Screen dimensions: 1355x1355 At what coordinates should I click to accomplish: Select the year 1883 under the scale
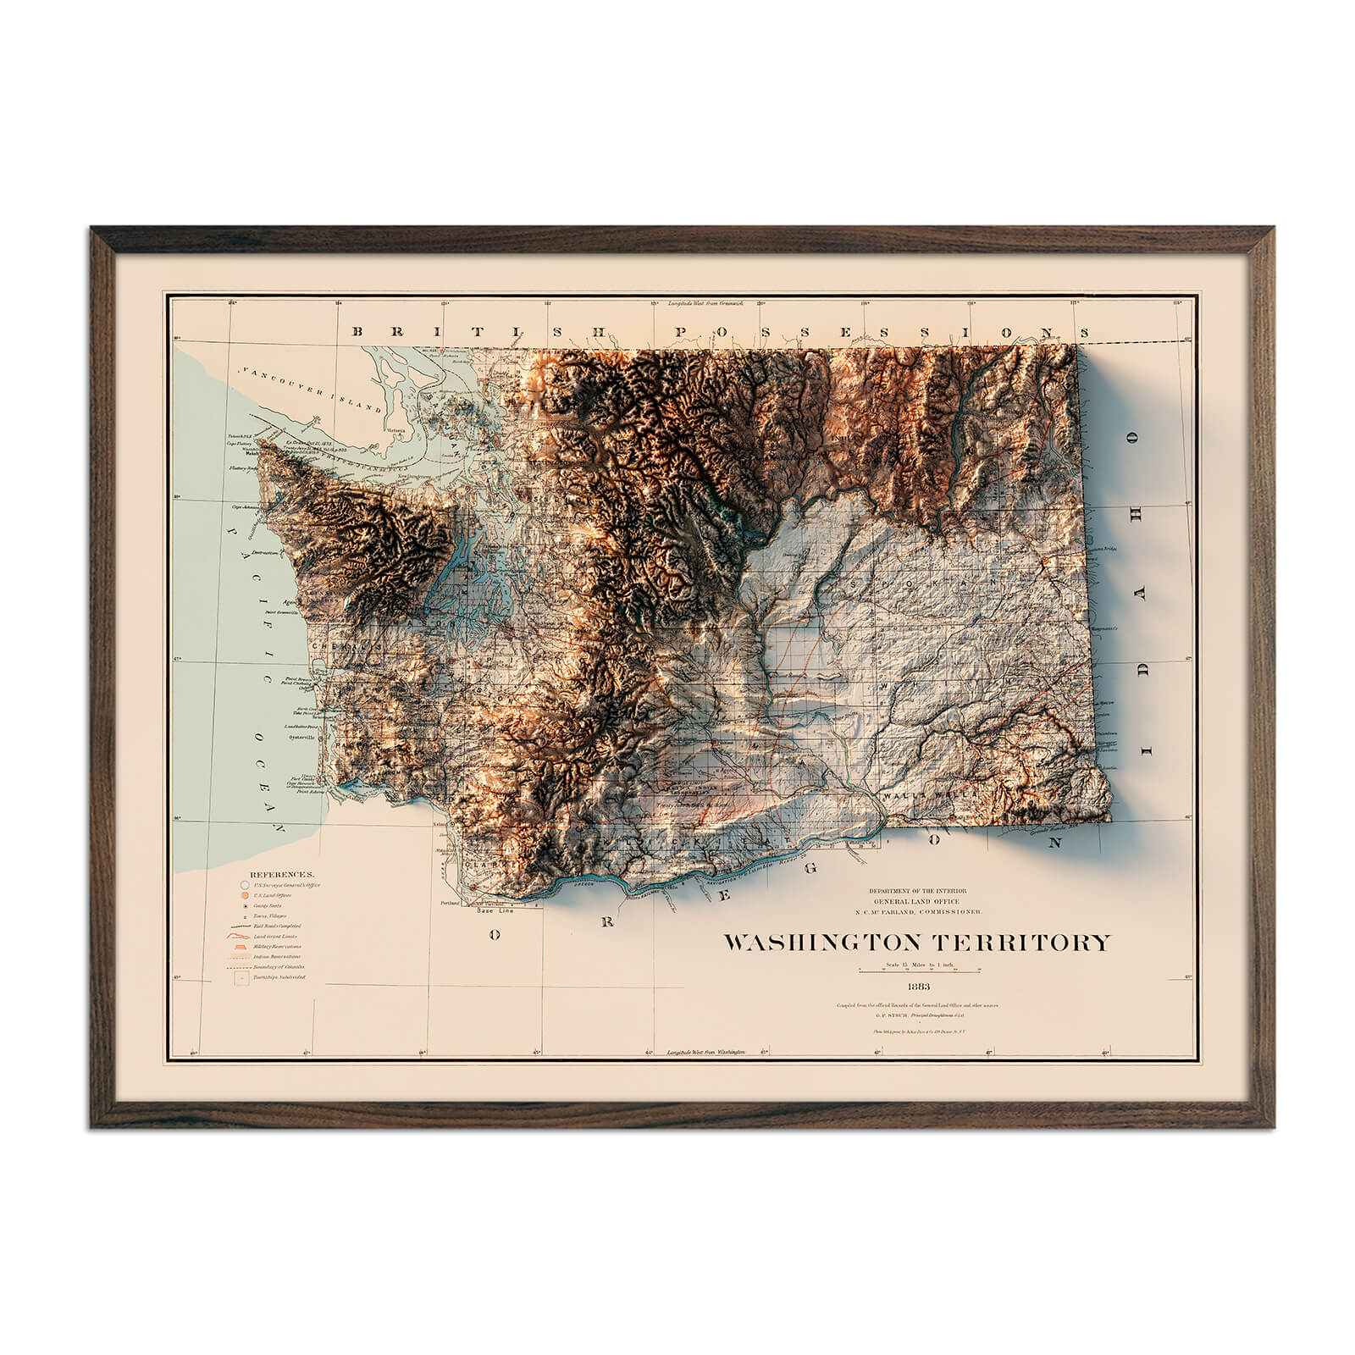918,987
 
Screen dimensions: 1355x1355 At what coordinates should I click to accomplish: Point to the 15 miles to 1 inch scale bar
918,968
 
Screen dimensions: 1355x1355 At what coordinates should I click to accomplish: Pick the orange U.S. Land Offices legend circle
245,895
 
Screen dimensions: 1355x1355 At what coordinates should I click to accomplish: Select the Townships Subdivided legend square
244,977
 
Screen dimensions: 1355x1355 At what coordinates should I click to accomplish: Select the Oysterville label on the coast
302,737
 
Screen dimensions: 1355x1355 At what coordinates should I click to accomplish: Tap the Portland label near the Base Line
450,904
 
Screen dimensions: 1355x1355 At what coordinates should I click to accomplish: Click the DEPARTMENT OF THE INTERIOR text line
917,891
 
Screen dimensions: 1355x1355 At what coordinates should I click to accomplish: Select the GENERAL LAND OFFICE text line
917,901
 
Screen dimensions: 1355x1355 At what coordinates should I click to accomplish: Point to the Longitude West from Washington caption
705,1051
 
